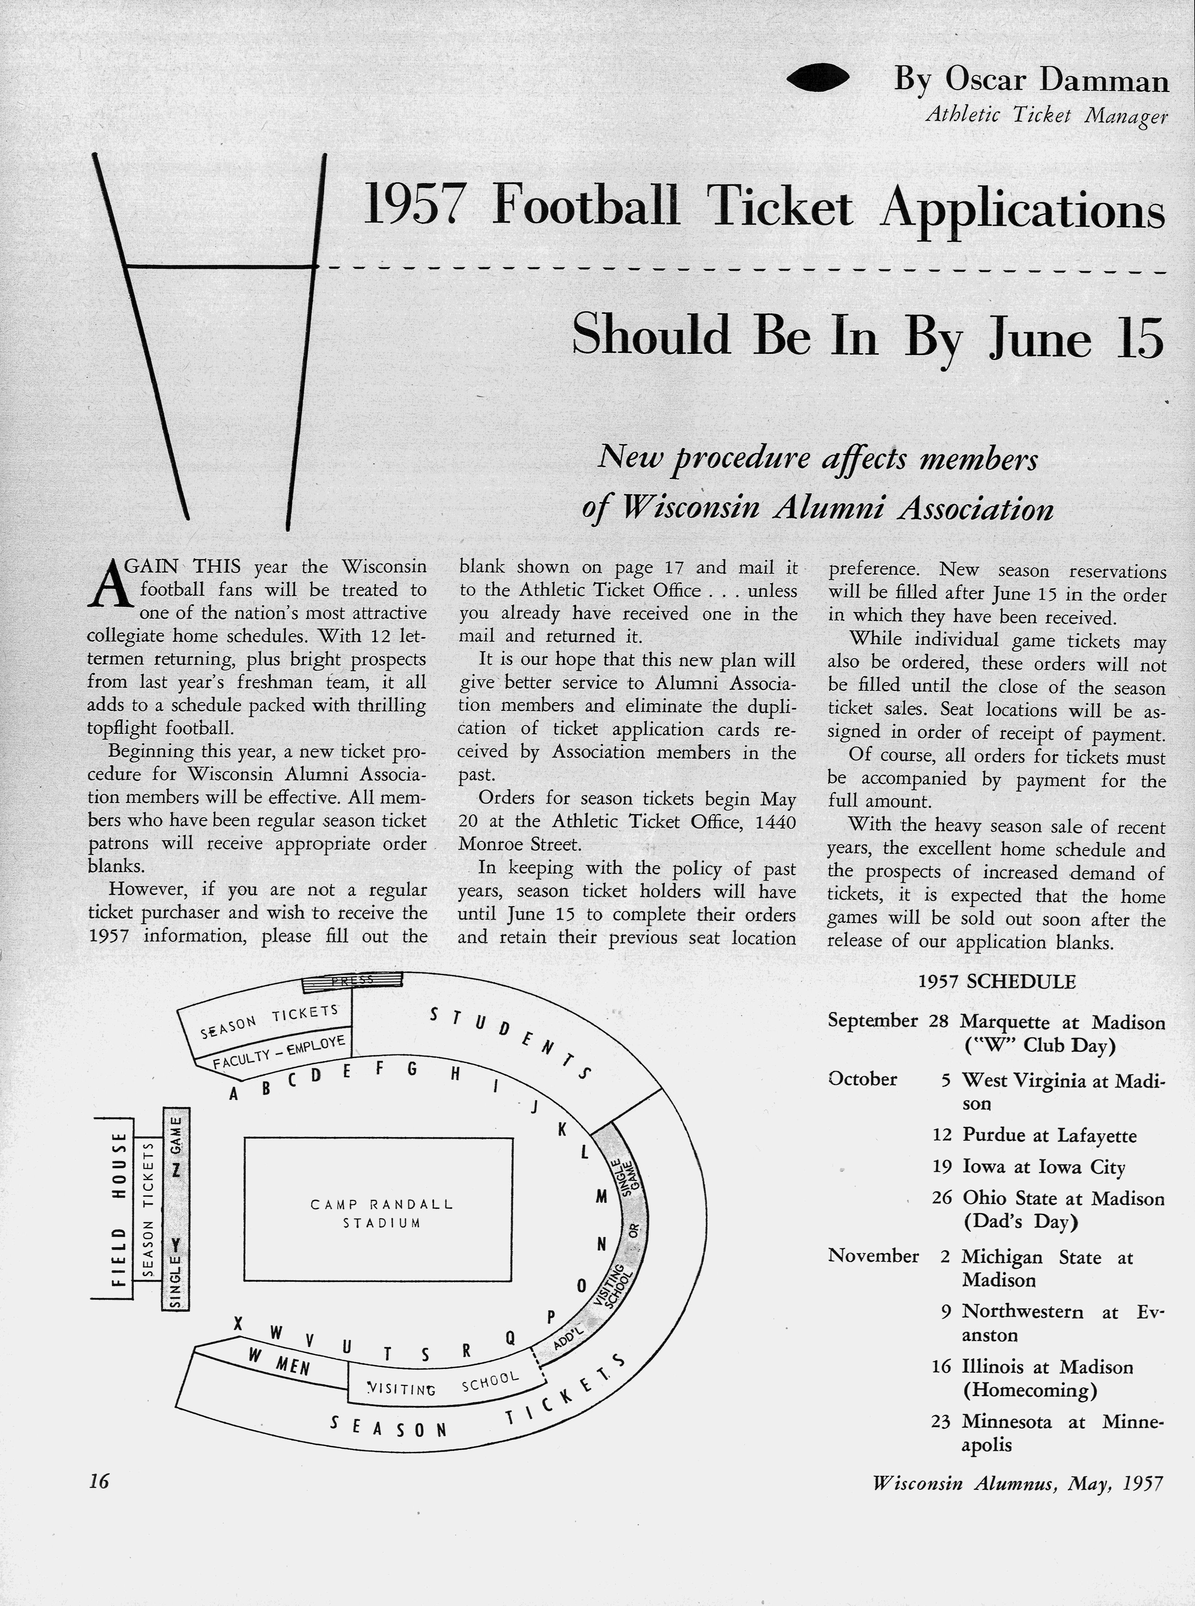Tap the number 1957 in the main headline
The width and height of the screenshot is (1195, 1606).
[412, 205]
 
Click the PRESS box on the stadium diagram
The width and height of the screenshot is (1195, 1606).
[351, 980]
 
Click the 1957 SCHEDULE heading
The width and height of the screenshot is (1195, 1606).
[997, 981]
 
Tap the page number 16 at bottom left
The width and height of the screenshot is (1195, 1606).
[98, 1482]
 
